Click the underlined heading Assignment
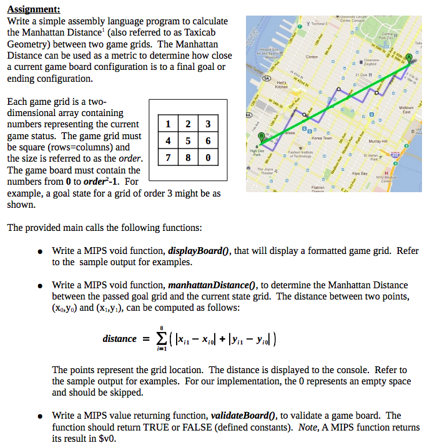click(x=34, y=9)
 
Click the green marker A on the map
click(x=409, y=58)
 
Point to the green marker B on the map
click(x=262, y=137)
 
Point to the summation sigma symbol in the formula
click(x=162, y=339)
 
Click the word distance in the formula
click(x=119, y=339)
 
